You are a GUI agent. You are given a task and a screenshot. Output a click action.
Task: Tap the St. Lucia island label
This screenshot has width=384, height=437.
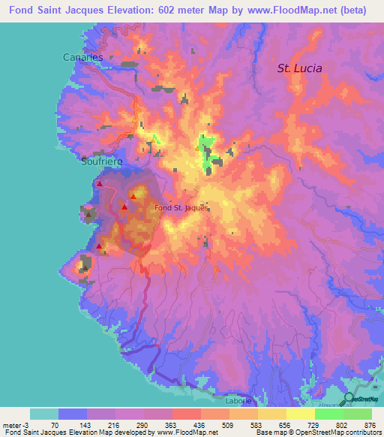[299, 68]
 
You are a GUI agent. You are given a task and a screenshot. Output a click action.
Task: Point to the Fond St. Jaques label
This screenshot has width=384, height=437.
[179, 208]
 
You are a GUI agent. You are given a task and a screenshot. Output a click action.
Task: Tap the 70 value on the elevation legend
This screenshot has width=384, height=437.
[59, 424]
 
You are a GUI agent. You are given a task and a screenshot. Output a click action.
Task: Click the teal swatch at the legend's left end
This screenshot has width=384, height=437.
[44, 414]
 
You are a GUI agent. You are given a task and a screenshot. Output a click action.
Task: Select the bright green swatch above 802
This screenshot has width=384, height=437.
[329, 414]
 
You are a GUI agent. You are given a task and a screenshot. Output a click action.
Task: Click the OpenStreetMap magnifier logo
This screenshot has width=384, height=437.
[349, 398]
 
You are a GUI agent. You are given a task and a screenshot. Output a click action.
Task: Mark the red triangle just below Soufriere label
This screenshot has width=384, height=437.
[99, 183]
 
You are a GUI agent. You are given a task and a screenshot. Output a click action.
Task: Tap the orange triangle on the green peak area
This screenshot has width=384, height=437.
[197, 147]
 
